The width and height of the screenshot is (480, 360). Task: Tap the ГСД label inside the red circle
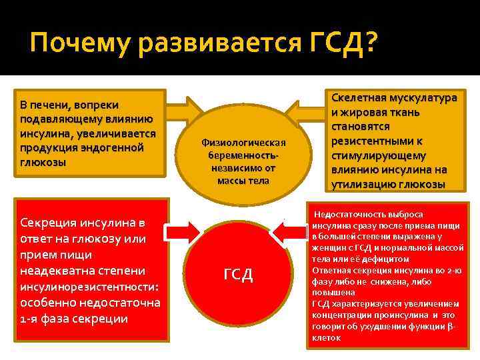point(238,275)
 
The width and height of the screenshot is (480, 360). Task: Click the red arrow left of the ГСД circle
point(184,231)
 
